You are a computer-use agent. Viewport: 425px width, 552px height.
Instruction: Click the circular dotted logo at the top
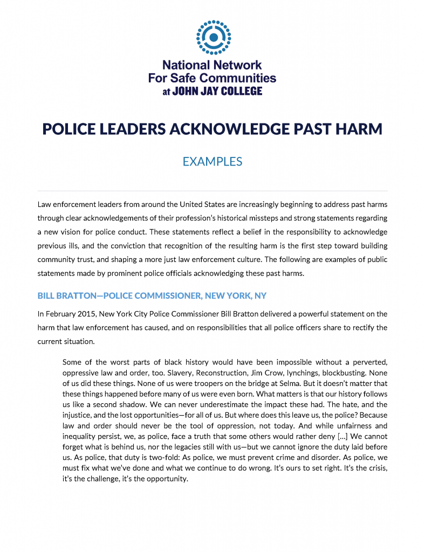(212, 37)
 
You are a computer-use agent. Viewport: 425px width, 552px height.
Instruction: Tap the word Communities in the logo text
(238, 78)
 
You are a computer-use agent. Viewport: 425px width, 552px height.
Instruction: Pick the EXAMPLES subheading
(212, 161)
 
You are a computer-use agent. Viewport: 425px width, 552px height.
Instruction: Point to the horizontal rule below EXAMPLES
(212, 191)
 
